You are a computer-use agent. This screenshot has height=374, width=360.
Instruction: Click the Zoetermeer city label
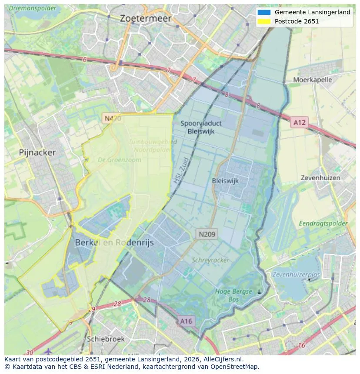click(x=146, y=19)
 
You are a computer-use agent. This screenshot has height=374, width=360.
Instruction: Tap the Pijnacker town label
click(x=37, y=152)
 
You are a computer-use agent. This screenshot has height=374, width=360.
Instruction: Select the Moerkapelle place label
click(x=312, y=80)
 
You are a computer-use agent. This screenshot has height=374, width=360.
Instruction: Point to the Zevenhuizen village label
click(x=320, y=178)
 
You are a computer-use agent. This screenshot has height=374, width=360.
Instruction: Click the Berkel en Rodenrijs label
click(x=114, y=243)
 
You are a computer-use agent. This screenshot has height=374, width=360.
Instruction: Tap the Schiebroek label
click(x=106, y=339)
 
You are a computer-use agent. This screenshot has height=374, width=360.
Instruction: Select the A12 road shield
click(x=299, y=122)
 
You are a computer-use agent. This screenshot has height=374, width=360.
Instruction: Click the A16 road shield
click(x=186, y=321)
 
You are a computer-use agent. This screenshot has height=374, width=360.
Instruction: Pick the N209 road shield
click(x=207, y=235)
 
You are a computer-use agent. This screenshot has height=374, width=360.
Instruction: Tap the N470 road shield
click(x=112, y=118)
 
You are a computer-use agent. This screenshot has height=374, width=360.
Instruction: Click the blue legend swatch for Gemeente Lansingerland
click(x=263, y=12)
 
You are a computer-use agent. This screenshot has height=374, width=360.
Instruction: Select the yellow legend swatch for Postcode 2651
click(x=263, y=21)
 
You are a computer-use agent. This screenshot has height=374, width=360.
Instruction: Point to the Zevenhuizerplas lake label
click(x=296, y=275)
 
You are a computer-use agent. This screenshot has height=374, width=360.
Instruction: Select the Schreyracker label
click(x=210, y=260)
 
